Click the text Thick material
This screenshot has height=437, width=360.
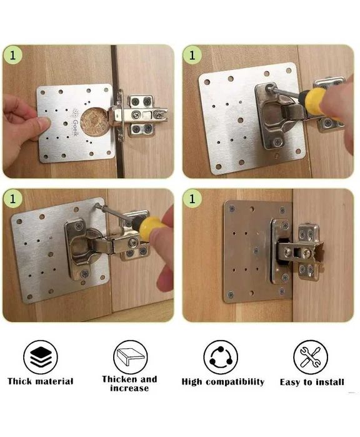[x=41, y=381]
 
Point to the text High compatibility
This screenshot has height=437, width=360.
[x=222, y=381]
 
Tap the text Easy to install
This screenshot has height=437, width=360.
[x=312, y=381]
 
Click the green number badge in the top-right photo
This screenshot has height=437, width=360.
[x=192, y=54]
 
